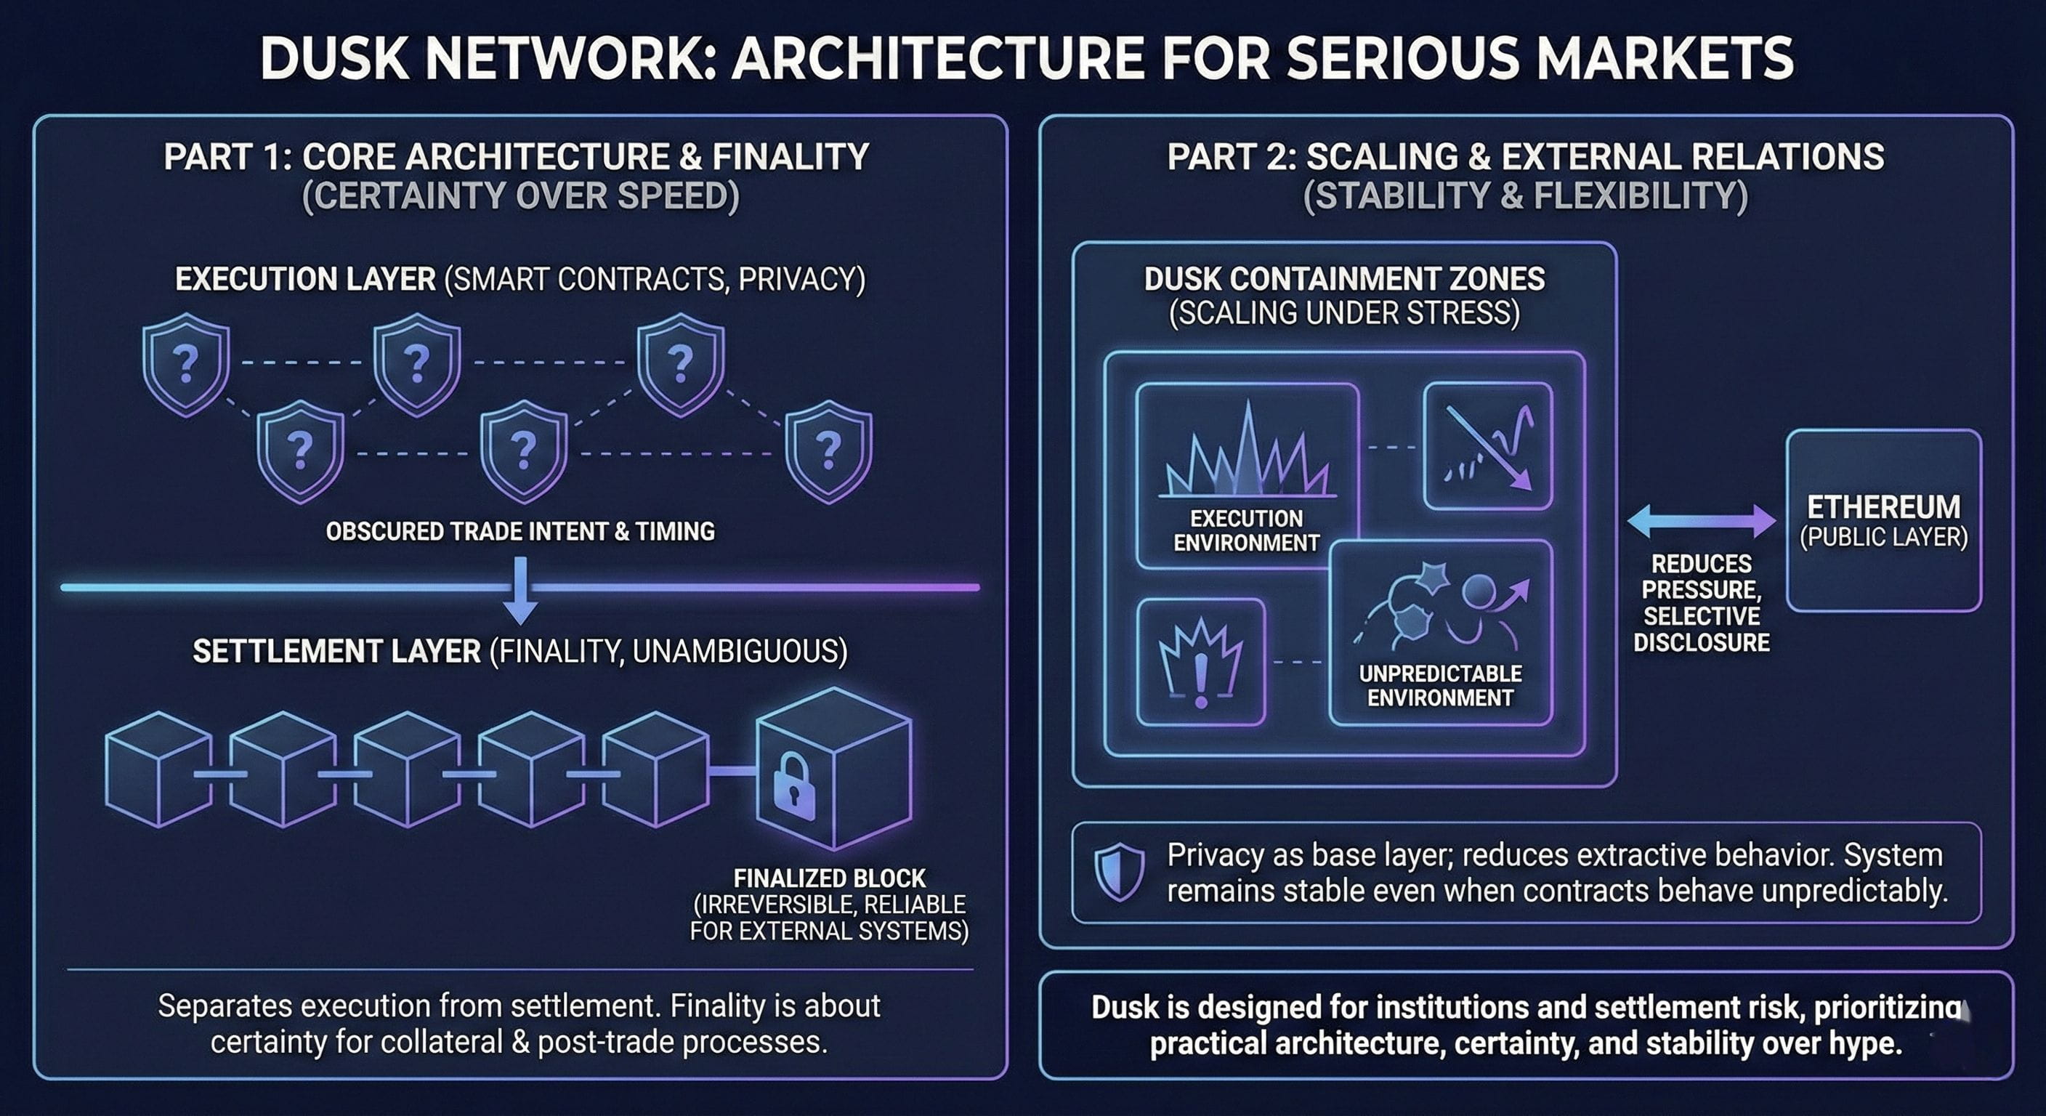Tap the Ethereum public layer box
1883,520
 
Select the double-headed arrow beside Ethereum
1702,521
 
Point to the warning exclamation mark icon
1201,663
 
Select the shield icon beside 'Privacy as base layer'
1119,871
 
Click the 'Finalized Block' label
829,878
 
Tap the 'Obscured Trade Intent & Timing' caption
520,530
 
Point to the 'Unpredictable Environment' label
1440,685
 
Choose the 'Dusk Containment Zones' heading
1344,279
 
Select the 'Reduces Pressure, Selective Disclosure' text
1702,603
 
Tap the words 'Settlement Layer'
337,651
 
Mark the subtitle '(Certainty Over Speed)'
520,196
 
